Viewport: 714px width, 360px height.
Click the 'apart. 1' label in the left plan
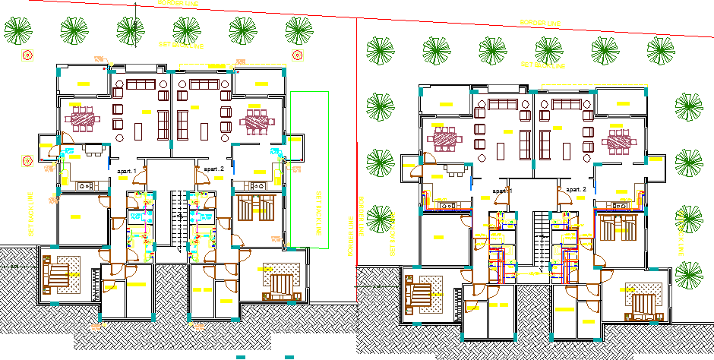(x=125, y=172)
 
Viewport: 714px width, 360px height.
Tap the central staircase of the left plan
(x=177, y=221)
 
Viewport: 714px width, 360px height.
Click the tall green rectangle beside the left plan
(x=309, y=169)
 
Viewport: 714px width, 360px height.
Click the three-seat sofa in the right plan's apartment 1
(x=504, y=104)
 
